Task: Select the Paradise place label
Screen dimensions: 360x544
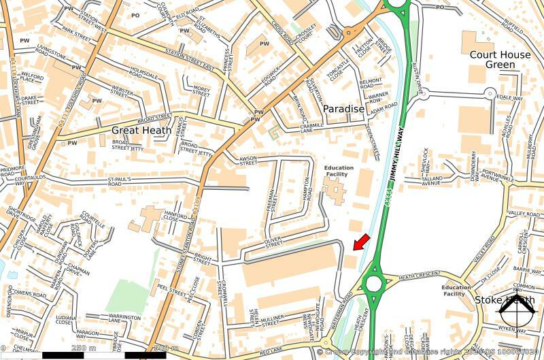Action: (343, 109)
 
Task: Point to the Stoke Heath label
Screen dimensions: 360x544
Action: (504, 300)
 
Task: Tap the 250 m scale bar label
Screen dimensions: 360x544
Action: (84, 348)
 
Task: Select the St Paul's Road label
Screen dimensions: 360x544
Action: (124, 182)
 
